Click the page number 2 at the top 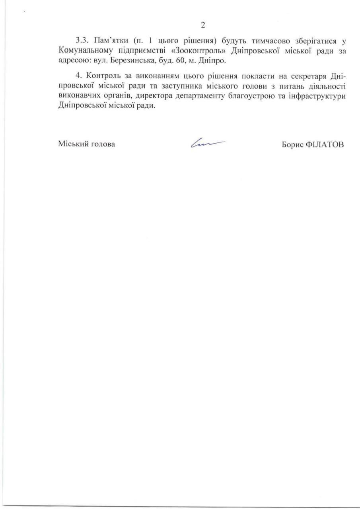click(x=203, y=25)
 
